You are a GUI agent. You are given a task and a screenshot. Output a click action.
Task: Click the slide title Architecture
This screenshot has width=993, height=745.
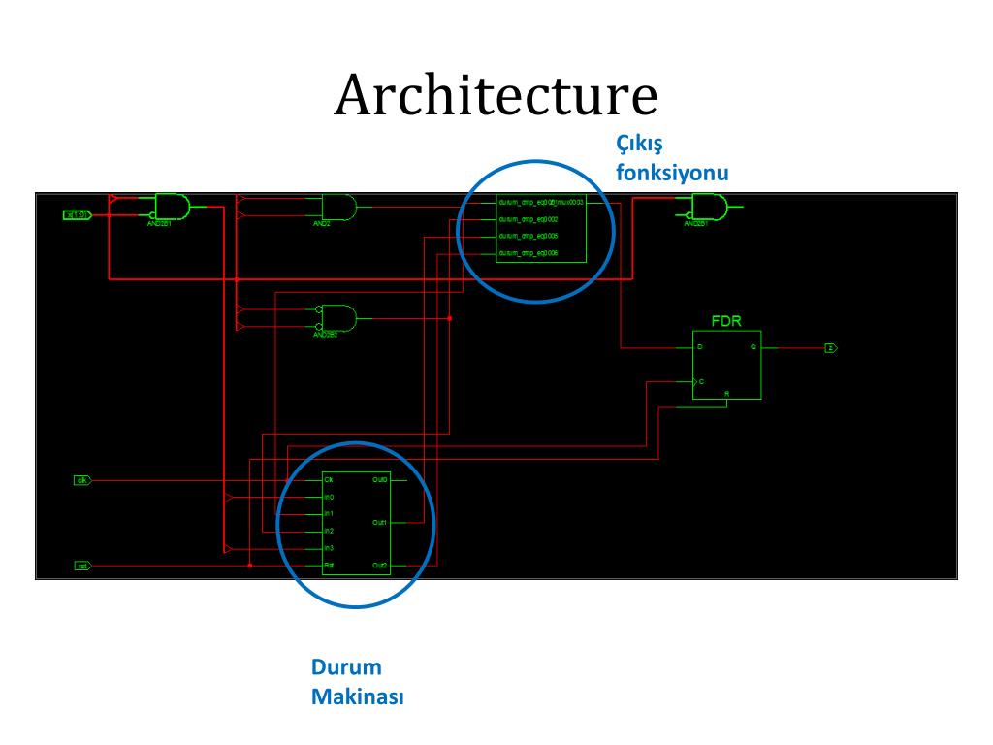point(496,96)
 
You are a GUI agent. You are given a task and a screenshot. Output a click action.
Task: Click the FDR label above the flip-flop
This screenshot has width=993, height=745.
point(726,321)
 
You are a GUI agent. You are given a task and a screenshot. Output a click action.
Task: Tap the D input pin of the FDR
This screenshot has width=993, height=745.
point(700,346)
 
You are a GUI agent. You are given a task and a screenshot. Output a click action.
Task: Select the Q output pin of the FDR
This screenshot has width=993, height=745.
point(753,346)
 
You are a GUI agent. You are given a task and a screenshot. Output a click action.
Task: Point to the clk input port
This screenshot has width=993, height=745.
point(82,480)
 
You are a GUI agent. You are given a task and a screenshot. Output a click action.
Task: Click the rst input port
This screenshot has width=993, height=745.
point(82,565)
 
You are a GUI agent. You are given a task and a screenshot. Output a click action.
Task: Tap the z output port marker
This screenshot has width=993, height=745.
point(830,347)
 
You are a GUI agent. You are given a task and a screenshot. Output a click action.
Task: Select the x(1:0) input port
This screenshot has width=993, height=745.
point(77,213)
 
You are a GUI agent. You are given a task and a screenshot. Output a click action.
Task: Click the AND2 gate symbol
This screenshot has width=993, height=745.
point(338,207)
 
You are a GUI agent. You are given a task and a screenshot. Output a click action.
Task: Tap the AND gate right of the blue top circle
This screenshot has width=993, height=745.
point(709,207)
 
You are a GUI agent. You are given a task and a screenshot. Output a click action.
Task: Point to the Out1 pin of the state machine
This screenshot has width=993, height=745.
point(380,523)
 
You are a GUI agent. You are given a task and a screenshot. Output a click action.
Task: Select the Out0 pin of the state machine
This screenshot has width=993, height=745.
point(380,480)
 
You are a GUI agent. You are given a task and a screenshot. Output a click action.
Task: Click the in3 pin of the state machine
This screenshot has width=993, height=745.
point(330,548)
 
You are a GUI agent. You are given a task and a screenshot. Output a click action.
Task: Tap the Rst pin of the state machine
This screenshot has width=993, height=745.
point(330,565)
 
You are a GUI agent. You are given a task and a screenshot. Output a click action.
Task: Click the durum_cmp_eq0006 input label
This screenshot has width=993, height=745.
point(528,253)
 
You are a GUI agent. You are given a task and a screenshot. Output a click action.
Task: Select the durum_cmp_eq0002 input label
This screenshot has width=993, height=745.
point(528,220)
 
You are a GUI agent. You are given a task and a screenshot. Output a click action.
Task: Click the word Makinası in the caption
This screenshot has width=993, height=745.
point(357,696)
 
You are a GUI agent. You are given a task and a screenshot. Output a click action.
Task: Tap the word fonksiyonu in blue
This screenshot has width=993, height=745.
point(672,172)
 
